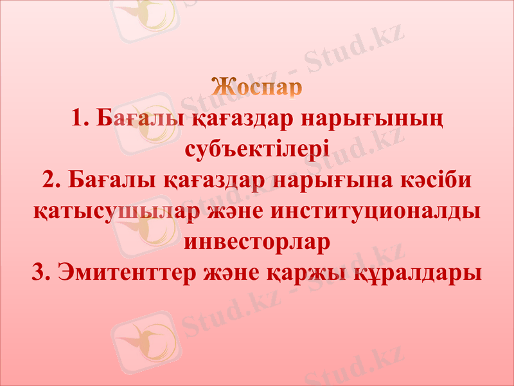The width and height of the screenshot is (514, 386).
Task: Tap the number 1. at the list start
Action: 80,119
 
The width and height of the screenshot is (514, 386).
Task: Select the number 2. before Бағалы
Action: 51,180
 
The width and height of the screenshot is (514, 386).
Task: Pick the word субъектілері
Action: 257,150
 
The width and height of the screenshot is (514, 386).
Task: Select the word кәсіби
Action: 443,180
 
